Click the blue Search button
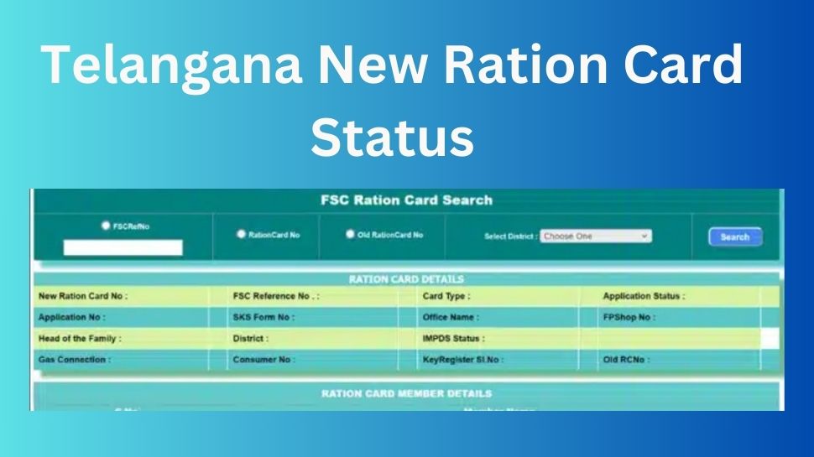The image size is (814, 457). pyautogui.click(x=734, y=237)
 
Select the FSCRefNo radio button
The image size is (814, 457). pyautogui.click(x=106, y=226)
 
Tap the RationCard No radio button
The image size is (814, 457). pyautogui.click(x=242, y=236)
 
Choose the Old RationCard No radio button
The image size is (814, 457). pyautogui.click(x=351, y=235)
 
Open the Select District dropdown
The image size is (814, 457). pyautogui.click(x=595, y=236)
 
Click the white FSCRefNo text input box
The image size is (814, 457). pyautogui.click(x=123, y=247)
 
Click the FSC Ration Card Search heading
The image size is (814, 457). pyautogui.click(x=406, y=200)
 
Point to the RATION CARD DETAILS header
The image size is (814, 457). pyautogui.click(x=406, y=279)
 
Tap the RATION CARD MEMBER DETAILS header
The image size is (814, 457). pyautogui.click(x=406, y=393)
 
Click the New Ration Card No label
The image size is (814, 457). pyautogui.click(x=83, y=296)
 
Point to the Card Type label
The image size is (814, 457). pyautogui.click(x=446, y=296)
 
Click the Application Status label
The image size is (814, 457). pyautogui.click(x=644, y=296)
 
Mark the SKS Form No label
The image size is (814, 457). pyautogui.click(x=264, y=318)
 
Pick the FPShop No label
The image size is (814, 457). pyautogui.click(x=629, y=318)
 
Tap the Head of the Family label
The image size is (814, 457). pyautogui.click(x=80, y=339)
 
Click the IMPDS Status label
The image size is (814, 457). pyautogui.click(x=454, y=339)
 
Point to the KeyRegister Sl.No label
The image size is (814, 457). pyautogui.click(x=463, y=360)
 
